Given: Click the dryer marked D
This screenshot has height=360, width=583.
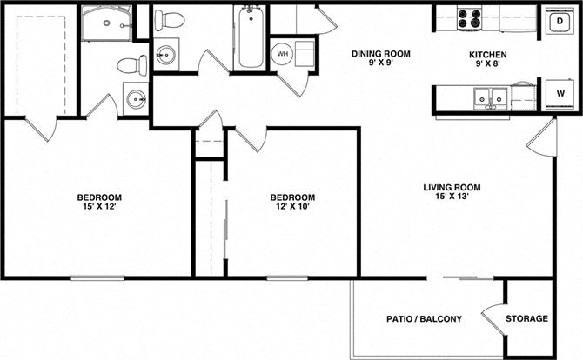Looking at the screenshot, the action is coord(560,21).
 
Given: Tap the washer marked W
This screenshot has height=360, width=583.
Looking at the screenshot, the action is coord(560,94).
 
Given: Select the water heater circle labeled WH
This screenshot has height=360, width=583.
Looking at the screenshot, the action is coord(282,54).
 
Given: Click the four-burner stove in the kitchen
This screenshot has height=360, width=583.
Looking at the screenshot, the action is coord(469,18).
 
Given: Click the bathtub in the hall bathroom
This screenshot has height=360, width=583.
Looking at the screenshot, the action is coord(251,37).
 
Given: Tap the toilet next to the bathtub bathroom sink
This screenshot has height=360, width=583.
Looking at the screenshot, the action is coord(170,20).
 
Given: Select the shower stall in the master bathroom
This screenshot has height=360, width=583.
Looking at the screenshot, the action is coord(106,23).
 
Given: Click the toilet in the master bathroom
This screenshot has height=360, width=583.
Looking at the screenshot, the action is coord(132,65).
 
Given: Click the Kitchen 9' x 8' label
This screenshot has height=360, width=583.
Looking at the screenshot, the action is coord(487,59).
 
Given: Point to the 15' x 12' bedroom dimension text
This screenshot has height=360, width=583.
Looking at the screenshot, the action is coord(99,207).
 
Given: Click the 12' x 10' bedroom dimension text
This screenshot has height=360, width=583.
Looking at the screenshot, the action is coord(292,207).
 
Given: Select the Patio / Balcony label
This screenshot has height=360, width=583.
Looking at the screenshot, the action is coord(424,319).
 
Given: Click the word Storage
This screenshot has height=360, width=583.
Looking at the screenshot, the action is coord(526,318).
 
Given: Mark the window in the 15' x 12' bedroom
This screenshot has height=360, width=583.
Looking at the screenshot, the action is coord(97,277).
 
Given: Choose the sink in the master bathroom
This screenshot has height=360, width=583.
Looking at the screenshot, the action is coord(136,99).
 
